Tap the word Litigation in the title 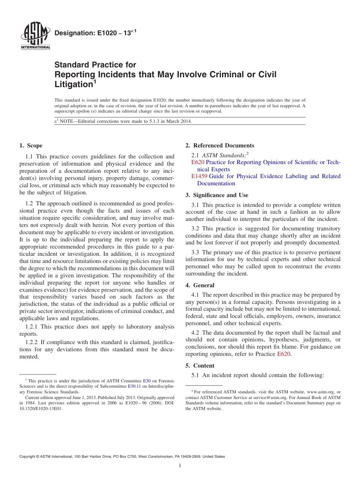point(74,85)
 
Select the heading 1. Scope point(31,146)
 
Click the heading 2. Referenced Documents point(220,146)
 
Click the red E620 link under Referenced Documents point(198,162)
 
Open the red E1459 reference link point(199,176)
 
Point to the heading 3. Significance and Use point(217,195)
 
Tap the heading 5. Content point(200,366)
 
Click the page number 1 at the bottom point(180,466)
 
